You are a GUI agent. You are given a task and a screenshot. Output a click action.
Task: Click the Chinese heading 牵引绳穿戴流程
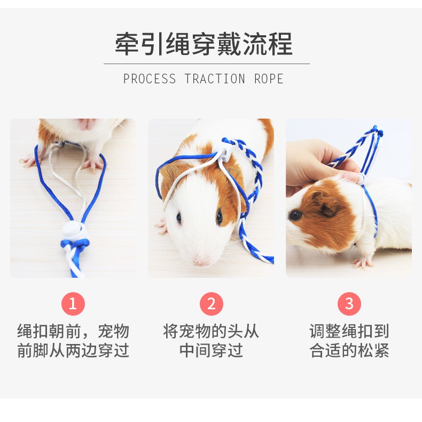pos(204,44)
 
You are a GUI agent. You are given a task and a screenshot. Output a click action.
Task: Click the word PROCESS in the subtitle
pos(149,79)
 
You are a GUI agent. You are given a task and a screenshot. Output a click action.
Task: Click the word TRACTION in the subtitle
pos(215,79)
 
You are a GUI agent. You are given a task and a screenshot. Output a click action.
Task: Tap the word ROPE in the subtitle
pos(269,79)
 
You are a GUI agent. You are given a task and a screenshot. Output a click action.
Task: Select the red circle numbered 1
pos(73,304)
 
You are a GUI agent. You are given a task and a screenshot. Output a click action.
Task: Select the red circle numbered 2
pos(211,304)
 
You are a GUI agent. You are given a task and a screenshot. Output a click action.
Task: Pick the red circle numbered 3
pos(349,304)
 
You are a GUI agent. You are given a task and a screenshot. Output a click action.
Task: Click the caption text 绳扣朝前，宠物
pos(73,331)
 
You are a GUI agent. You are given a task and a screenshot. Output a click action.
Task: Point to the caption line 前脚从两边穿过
pos(73,350)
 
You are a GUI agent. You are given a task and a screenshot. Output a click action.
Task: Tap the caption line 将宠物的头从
pos(211,331)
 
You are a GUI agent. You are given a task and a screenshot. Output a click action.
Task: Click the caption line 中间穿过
pos(211,350)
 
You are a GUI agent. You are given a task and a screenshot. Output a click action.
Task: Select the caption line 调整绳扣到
pos(349,331)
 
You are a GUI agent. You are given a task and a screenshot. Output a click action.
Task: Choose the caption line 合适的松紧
pos(349,350)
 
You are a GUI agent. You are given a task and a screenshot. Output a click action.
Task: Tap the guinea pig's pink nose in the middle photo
pos(201,260)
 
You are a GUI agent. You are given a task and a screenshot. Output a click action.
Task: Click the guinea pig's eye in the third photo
pos(294,215)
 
